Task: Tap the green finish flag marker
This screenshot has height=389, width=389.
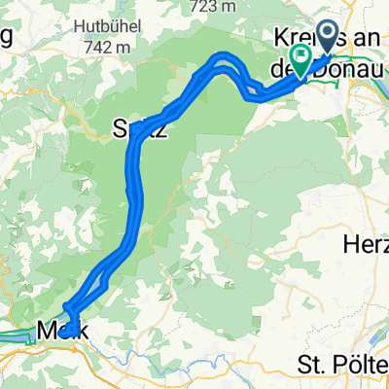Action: tap(301, 60)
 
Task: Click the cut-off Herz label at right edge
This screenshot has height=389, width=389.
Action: tap(367, 243)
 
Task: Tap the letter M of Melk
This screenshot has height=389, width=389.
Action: tap(46, 333)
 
